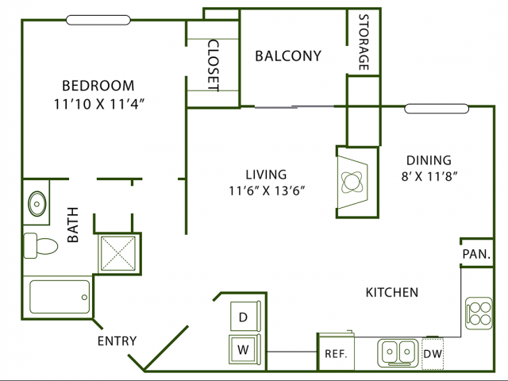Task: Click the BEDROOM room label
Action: (98, 86)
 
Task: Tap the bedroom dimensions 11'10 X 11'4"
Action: (98, 104)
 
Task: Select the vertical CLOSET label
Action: (214, 65)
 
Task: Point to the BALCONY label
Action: (288, 56)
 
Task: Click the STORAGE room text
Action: (364, 42)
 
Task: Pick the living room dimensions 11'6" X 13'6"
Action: (267, 190)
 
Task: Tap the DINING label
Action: (429, 160)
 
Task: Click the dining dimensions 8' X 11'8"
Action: (429, 176)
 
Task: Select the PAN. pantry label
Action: (476, 254)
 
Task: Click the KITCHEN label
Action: (392, 293)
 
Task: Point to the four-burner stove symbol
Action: (479, 314)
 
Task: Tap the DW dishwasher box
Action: (433, 354)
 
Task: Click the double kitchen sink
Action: (398, 352)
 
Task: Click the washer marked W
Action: (244, 350)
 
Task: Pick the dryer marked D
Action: (245, 316)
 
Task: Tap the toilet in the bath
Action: (40, 245)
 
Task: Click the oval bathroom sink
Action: (37, 204)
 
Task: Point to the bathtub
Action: (60, 297)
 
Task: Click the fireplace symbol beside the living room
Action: (352, 182)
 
